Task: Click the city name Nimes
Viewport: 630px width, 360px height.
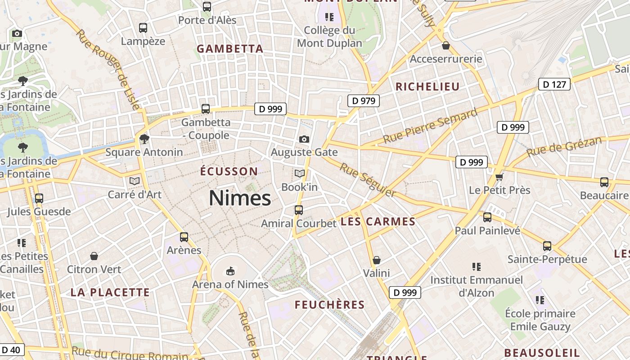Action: [240, 198]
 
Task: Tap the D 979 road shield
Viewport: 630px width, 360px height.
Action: [364, 101]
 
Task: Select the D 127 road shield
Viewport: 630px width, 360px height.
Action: [554, 84]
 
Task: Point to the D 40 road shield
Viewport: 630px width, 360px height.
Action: [11, 350]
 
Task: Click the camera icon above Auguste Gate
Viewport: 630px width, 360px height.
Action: [304, 139]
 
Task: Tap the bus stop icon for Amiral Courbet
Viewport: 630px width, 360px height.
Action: [298, 210]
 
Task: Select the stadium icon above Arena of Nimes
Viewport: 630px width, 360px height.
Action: [230, 271]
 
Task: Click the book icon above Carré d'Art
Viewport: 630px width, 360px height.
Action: [134, 181]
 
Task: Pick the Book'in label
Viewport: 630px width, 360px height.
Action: [299, 186]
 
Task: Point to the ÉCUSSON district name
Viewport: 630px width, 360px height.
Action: [229, 171]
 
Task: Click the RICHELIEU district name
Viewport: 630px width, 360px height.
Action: [427, 87]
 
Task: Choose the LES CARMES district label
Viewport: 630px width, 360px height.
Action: [378, 221]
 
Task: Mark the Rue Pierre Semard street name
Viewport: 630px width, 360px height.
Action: [430, 126]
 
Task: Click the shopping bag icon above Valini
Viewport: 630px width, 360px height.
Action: [377, 260]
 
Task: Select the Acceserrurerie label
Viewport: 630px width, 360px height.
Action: [446, 59]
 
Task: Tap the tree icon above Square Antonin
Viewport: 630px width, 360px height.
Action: [144, 139]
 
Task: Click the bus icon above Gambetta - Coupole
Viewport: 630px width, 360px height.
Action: [206, 108]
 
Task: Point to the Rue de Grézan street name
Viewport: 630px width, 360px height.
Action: [564, 146]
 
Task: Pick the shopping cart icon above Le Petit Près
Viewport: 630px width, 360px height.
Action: [499, 177]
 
